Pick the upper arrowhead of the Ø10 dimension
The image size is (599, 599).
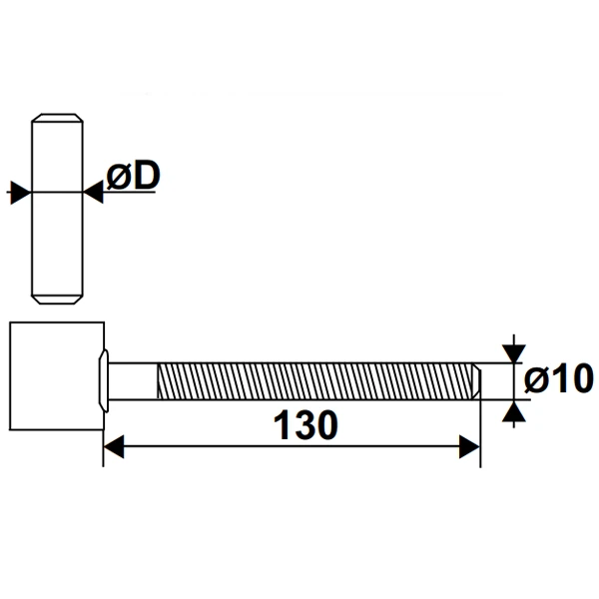[x=513, y=351]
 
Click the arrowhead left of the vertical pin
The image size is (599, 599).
[x=17, y=192]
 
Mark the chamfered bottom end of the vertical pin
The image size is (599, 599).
[x=56, y=297]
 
